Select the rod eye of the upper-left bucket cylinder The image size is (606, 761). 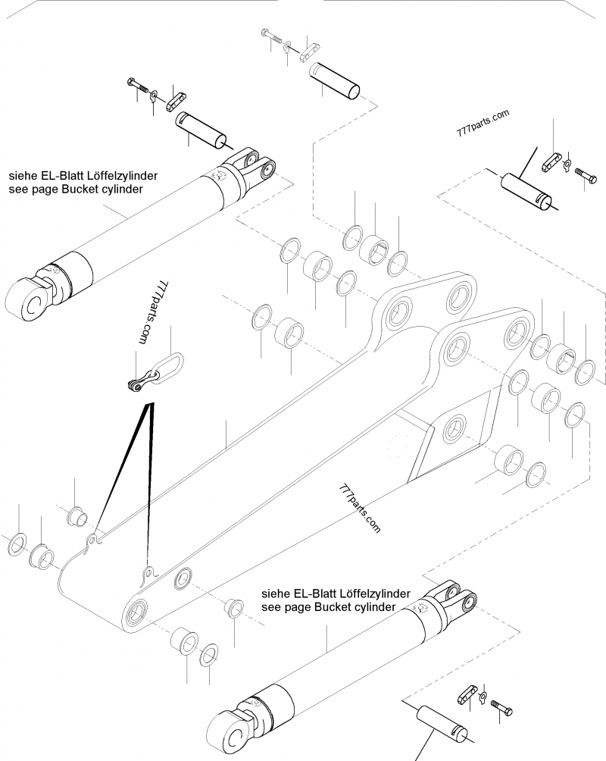click(31, 299)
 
